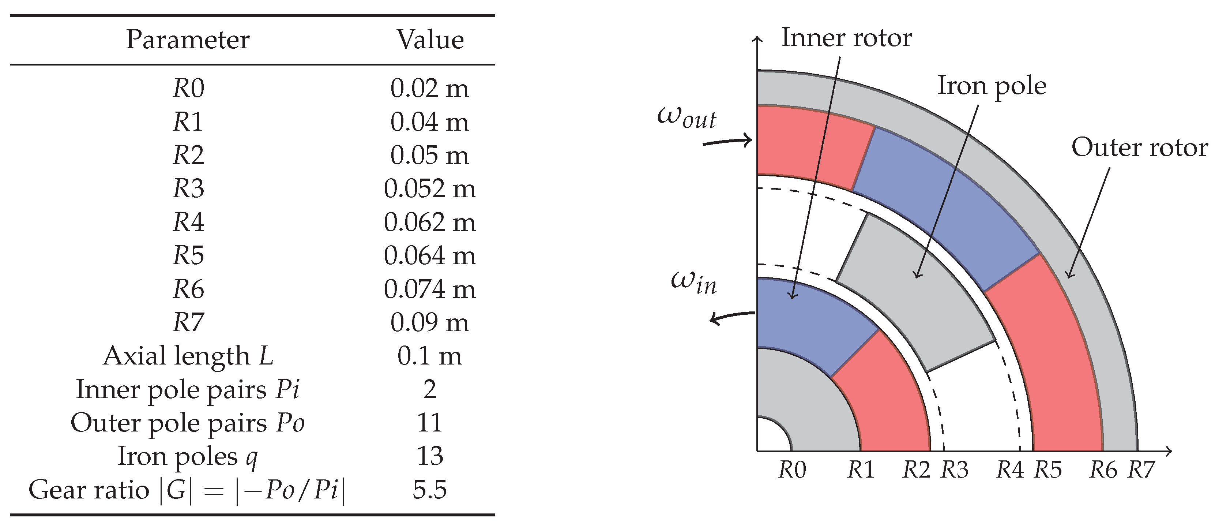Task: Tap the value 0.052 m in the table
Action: (x=430, y=189)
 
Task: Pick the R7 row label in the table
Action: (x=188, y=323)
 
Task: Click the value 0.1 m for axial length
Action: (x=430, y=356)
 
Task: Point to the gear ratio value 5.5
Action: (x=430, y=490)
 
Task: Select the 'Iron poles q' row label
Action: (x=187, y=456)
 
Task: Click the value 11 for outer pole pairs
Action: (x=430, y=423)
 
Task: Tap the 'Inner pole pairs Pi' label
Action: (x=187, y=390)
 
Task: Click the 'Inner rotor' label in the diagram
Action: (x=846, y=38)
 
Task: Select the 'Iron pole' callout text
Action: (x=992, y=86)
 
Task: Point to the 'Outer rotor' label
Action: (x=1139, y=148)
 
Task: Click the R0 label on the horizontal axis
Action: (x=792, y=470)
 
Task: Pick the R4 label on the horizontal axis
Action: (x=1010, y=470)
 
